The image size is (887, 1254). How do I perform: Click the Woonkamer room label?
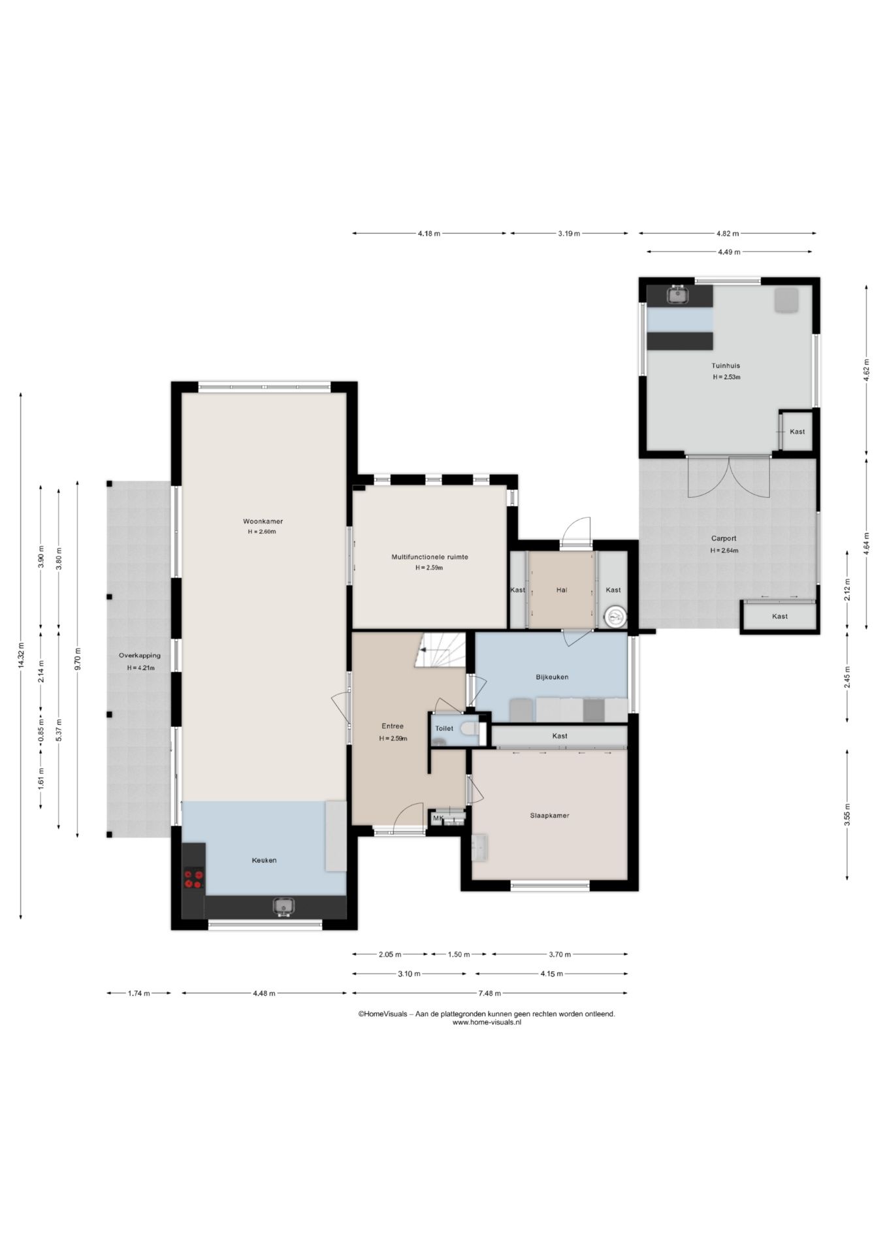(x=263, y=521)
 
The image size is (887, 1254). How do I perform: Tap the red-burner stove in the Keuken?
(x=193, y=878)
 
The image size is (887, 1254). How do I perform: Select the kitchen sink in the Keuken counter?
(x=283, y=907)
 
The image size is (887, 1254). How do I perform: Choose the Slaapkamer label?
(x=549, y=815)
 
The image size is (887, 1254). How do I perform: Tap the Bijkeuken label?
(x=552, y=677)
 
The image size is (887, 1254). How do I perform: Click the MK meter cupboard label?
(x=438, y=818)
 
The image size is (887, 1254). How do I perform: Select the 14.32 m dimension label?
(x=22, y=655)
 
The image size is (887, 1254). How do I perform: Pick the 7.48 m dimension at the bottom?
(x=489, y=993)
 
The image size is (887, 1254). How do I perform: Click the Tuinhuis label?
(x=726, y=366)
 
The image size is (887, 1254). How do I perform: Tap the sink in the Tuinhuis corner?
(x=679, y=295)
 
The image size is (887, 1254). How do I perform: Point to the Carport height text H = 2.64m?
(x=724, y=551)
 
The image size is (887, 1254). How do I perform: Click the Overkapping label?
(x=139, y=656)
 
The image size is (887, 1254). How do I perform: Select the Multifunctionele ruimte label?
(x=430, y=557)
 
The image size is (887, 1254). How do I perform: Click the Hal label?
(x=561, y=590)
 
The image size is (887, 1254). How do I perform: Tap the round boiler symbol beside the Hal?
(x=615, y=616)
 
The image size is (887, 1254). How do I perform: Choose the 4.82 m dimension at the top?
(x=728, y=233)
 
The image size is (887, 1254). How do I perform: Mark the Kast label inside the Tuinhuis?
(x=797, y=432)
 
